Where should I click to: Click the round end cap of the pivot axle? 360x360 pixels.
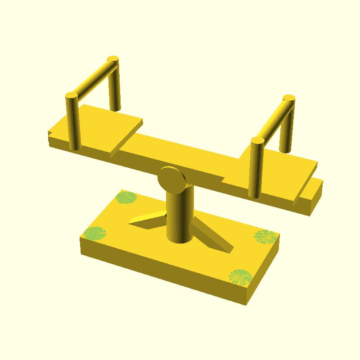point(171,179)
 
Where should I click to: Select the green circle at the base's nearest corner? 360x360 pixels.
point(240,277)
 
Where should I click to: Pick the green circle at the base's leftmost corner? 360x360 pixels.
point(94,233)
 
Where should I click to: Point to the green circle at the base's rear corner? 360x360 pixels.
point(126,198)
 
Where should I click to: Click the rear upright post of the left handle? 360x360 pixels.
point(115,88)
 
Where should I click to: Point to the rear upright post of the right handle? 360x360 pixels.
point(287,128)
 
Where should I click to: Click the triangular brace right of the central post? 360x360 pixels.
point(211,236)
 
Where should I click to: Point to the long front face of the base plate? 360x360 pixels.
point(162,270)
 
